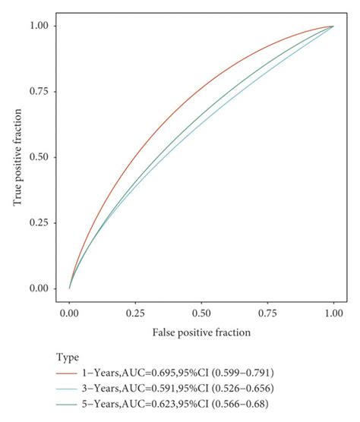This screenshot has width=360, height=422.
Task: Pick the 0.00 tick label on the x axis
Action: [69, 312]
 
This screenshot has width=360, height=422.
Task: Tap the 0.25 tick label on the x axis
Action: [135, 312]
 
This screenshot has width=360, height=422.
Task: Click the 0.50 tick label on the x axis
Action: [201, 312]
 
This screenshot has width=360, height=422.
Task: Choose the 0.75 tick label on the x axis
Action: [267, 312]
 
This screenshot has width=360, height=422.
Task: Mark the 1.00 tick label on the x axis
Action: [333, 312]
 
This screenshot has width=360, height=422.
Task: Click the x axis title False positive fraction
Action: [201, 332]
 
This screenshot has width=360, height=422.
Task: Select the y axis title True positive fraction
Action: [17, 157]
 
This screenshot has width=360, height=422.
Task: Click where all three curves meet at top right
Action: [333, 26]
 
